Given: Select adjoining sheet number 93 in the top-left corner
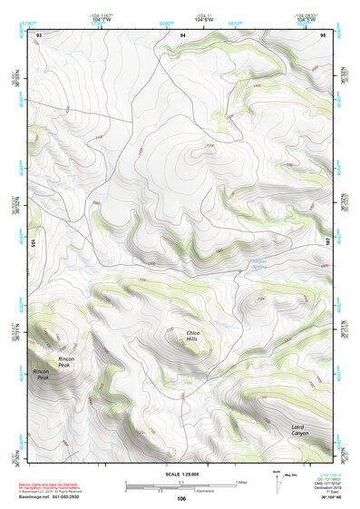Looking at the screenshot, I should (38, 34).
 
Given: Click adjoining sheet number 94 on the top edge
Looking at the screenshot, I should (182, 34).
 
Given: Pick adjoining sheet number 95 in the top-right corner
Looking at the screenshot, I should (323, 34).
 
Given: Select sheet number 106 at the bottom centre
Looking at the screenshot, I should (181, 498).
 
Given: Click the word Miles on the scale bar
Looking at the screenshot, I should (241, 482).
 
